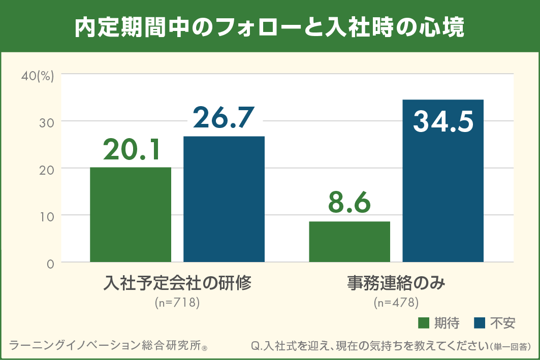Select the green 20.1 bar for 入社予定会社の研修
coord(131,214)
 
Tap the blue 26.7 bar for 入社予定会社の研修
coord(224,199)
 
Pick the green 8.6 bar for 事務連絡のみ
coord(350,242)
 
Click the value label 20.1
coord(132,149)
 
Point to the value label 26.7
coord(224,118)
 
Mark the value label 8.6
coord(350,203)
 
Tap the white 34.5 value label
coord(443,122)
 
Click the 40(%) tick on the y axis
coord(37,76)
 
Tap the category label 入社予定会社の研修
coord(177,283)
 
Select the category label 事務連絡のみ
coord(396,283)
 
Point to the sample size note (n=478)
coord(396,303)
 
